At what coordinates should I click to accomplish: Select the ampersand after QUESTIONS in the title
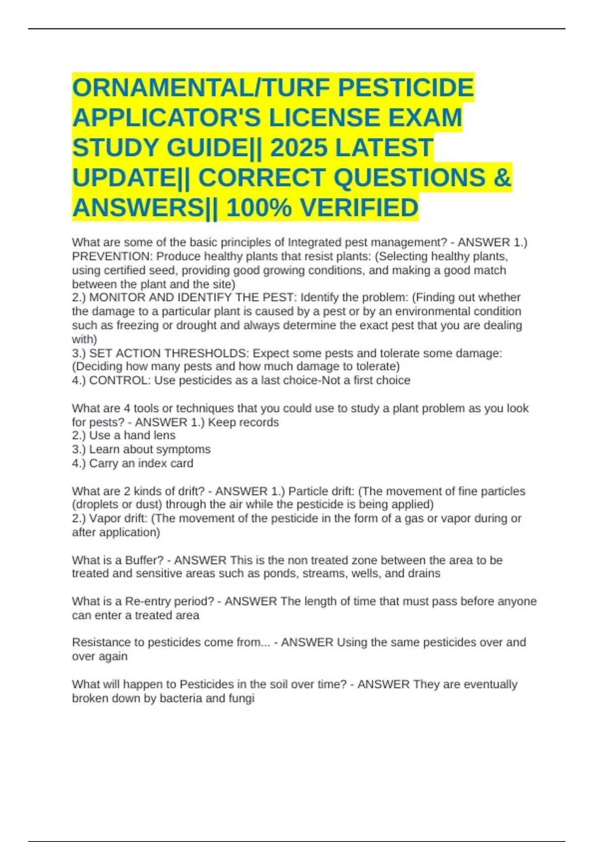(502, 177)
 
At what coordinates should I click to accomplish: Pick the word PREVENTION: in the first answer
(112, 257)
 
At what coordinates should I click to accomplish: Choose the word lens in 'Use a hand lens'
(164, 435)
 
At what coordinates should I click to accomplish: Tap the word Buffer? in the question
(144, 560)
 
